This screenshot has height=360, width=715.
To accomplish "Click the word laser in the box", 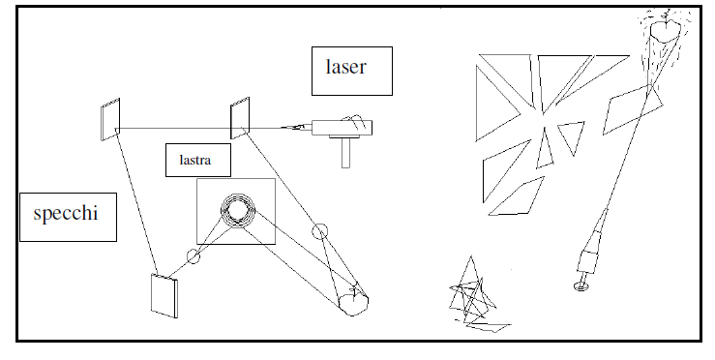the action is point(345,67).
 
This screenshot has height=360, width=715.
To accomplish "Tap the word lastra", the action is point(195,160).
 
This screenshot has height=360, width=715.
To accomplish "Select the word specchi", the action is point(66,213).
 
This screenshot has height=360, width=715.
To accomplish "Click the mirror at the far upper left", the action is point(110,119).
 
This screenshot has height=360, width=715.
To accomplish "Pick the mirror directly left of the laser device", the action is point(240,117).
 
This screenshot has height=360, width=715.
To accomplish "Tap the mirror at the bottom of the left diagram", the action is point(164,295).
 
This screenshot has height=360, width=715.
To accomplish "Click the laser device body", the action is point(342,128).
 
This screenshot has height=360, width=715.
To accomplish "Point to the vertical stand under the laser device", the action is point(345,152).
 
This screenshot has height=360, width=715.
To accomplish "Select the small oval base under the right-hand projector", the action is point(581,286).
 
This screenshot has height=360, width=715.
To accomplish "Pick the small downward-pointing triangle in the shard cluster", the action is point(571,137).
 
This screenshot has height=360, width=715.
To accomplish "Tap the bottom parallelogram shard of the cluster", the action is point(517,197).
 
